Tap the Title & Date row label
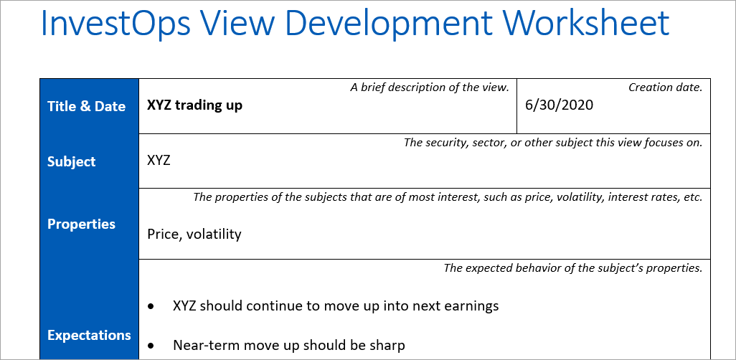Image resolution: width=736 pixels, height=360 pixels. [86, 106]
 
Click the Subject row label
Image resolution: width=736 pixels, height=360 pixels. [71, 161]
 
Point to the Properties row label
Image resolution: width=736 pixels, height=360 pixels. [81, 224]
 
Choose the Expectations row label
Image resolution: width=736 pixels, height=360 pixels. [89, 335]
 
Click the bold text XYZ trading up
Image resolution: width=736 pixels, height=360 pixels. [194, 105]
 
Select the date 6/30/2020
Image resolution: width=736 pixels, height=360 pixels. [560, 105]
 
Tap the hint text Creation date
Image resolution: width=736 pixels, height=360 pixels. [665, 87]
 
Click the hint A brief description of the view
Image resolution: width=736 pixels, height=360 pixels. [430, 87]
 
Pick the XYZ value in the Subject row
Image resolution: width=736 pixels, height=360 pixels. [159, 160]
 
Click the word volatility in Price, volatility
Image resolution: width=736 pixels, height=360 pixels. [214, 234]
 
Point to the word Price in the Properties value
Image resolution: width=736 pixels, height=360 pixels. [162, 234]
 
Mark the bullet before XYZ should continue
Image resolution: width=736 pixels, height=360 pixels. [151, 306]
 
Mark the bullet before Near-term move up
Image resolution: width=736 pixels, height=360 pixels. [151, 346]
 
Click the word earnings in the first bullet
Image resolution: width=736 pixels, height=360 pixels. [470, 306]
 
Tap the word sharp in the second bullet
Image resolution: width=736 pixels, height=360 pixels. [388, 345]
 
